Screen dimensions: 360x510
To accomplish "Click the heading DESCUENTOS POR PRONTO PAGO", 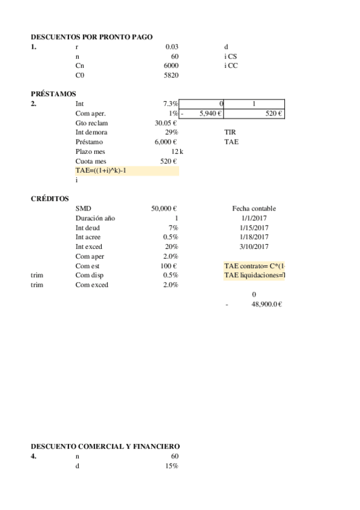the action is click(91, 37).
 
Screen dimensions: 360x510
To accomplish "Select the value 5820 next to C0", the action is click(171, 75).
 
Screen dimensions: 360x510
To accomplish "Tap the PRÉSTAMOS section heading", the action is click(53, 94).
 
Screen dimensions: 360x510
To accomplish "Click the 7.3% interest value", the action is click(171, 104).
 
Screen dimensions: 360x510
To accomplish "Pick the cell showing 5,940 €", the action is click(210, 113).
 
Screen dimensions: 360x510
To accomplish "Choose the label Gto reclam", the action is click(91, 123).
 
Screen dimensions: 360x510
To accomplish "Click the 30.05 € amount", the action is click(165, 123).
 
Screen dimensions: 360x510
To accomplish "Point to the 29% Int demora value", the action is click(171, 132).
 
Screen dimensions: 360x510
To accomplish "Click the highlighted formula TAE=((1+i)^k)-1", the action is click(101, 171).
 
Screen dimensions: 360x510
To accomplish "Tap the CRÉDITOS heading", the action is click(49, 198).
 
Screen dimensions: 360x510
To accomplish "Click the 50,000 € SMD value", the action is click(163, 208).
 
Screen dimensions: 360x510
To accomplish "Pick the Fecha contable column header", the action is click(254, 208).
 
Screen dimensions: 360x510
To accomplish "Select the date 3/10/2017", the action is click(254, 247).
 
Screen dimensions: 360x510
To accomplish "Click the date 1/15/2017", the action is click(254, 227).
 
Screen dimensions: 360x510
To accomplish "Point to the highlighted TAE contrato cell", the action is click(254, 266).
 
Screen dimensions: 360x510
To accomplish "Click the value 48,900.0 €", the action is click(266, 304).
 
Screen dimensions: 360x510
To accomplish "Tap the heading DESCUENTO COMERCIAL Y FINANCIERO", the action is click(105, 446).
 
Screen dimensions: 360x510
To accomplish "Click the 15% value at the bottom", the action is click(171, 465).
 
